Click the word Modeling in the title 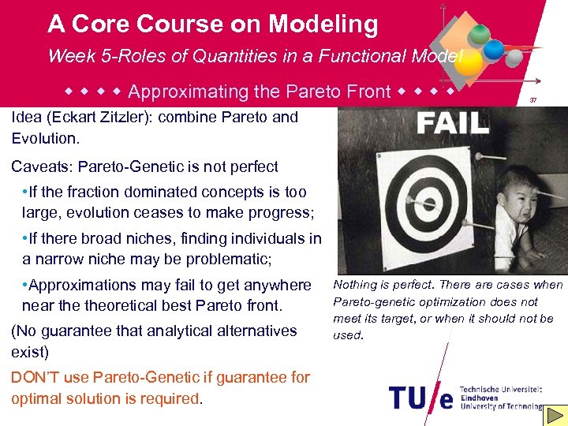coord(323,24)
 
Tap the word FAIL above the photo coord(452,123)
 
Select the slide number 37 coord(533,101)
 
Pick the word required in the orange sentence coord(173,398)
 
